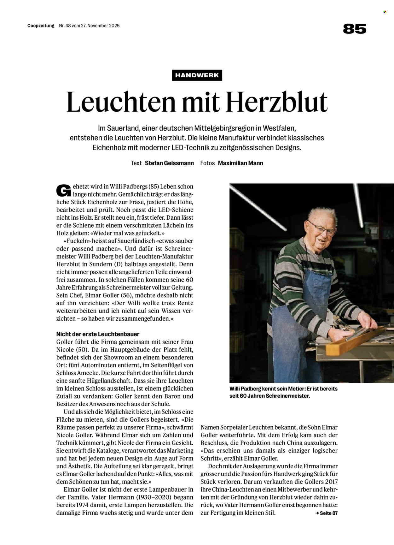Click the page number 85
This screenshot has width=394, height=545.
[355, 29]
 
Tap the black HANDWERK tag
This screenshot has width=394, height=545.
[197, 75]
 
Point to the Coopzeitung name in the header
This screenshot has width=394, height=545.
[41, 26]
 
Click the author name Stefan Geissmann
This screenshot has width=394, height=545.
[169, 163]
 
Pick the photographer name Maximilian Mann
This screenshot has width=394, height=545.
[240, 163]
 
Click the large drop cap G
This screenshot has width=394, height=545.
[63, 190]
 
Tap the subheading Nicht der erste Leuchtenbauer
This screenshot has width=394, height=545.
[98, 334]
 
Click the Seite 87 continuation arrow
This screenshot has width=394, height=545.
[326, 513]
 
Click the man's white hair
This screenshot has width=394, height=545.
[318, 212]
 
